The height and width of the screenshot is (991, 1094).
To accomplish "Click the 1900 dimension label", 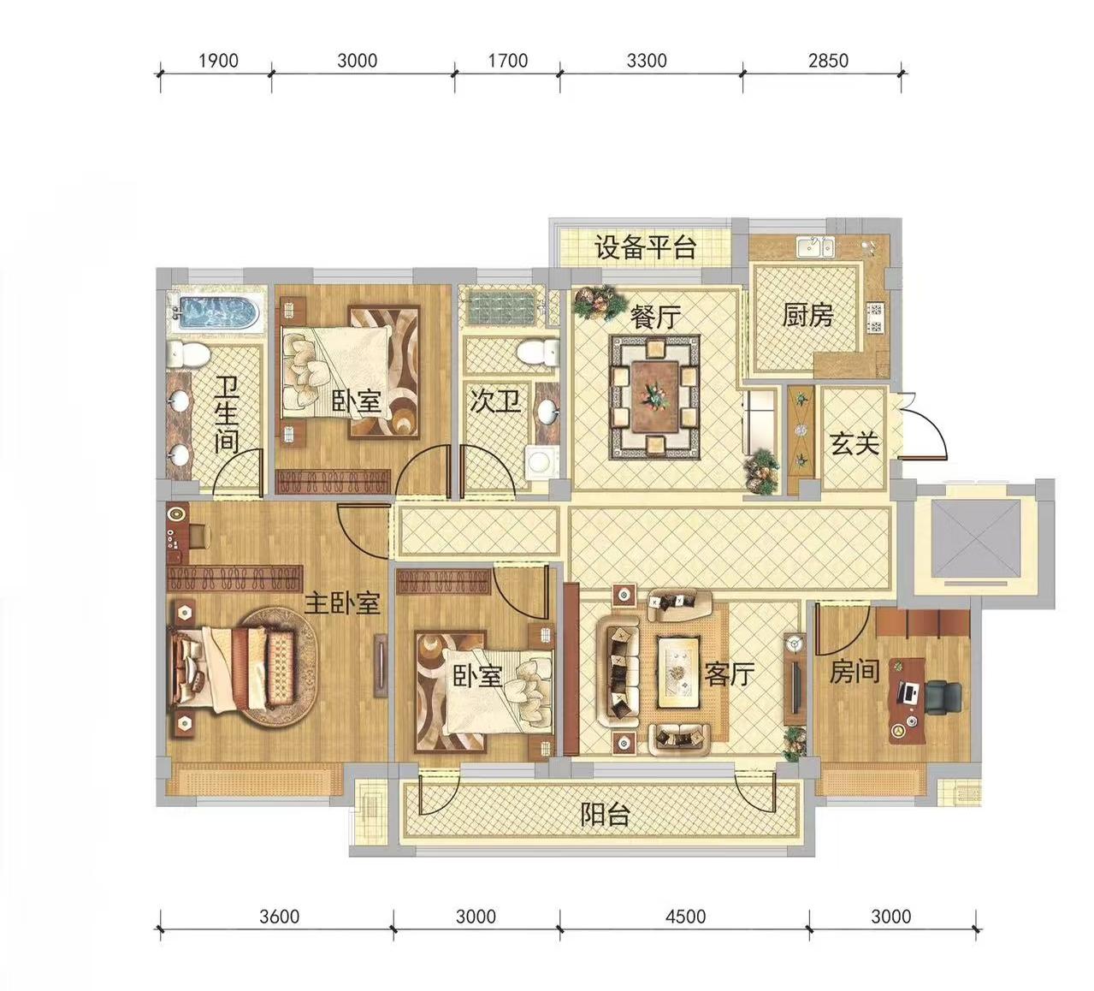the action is pos(218,61).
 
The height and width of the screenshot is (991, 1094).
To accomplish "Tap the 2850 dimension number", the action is pos(828,61).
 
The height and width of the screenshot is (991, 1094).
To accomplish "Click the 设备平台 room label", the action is pos(646,247).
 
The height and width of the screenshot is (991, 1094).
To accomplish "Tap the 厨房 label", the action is pos(807,316).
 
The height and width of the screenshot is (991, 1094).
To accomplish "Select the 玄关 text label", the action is pos(855,443).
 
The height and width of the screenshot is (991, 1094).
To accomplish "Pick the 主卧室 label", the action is pos(341,603).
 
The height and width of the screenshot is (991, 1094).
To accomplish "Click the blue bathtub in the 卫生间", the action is pos(216,312).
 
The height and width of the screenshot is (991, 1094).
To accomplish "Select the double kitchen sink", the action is pos(815,247).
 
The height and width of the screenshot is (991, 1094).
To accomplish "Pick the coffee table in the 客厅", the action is pos(678,673).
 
